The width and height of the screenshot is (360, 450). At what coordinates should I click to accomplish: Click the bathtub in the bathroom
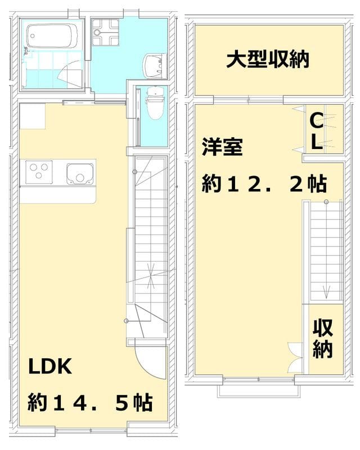tap(50, 37)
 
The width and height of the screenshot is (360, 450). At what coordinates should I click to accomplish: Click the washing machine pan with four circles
tap(105, 32)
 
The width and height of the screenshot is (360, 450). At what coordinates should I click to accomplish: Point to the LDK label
tap(50, 367)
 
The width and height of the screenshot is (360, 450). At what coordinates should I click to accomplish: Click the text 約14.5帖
tap(91, 403)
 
